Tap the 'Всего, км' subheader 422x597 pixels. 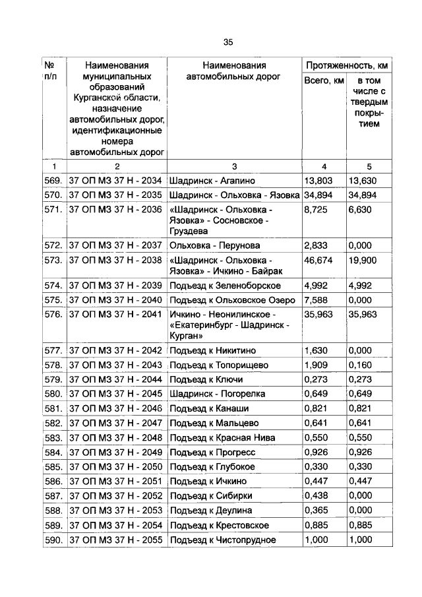(324, 81)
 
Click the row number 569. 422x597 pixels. (53, 180)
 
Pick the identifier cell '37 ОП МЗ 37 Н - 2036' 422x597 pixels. (115, 209)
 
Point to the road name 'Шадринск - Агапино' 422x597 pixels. (211, 180)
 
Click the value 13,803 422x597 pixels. (318, 180)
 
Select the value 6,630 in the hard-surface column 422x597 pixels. (361, 209)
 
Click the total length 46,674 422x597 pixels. (318, 260)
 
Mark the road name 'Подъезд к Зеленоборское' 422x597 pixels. (225, 286)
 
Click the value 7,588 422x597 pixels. (316, 300)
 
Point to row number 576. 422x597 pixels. (53, 315)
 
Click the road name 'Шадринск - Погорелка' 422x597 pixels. (217, 394)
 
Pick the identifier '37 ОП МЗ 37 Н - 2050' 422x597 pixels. (115, 467)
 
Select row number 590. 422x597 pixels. (53, 540)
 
